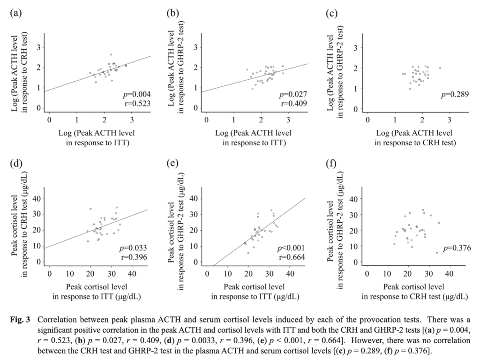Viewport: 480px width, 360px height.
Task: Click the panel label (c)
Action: click(331, 13)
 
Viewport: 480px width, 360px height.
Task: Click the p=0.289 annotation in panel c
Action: click(456, 95)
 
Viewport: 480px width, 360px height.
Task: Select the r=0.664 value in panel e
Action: click(292, 257)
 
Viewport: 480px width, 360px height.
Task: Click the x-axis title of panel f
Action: click(413, 291)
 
